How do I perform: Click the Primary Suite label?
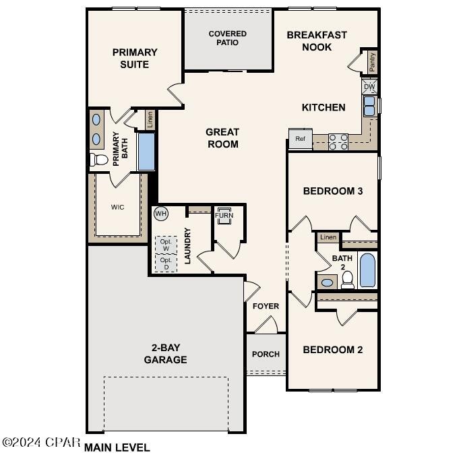coord(135,58)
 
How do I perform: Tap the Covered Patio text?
coord(227,38)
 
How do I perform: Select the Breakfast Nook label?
coord(317,41)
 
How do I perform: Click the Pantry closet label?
coord(372,62)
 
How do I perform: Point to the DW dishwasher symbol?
coord(369,87)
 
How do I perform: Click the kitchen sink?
coord(369,106)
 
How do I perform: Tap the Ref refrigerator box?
coord(300,139)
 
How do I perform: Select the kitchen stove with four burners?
coord(338,142)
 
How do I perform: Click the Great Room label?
coord(222,137)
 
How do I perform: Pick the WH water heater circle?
coord(160,214)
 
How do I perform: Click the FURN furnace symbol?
coord(224,216)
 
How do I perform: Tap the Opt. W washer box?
coord(166,244)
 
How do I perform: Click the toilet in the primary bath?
coord(99,160)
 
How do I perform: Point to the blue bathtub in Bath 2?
coord(368,270)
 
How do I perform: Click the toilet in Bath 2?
coord(348,281)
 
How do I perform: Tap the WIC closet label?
coord(118,207)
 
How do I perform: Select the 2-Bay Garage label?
coord(165,353)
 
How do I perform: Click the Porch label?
coord(266,354)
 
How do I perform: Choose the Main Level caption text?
coord(117,447)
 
